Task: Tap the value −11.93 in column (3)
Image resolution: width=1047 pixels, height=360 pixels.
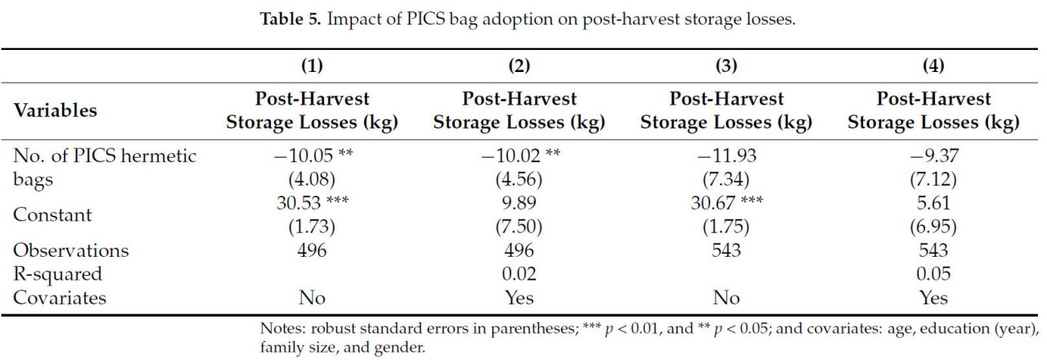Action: (x=726, y=155)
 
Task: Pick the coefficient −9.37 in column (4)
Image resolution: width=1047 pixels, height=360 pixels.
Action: (x=933, y=155)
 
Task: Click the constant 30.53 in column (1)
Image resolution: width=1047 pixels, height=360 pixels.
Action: (x=303, y=204)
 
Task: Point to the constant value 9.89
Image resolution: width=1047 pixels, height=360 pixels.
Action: (x=519, y=204)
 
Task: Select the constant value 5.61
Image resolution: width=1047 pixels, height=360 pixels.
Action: (x=933, y=204)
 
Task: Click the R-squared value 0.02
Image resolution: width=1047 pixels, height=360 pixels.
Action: (x=519, y=273)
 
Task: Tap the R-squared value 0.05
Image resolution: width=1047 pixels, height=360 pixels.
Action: (x=933, y=273)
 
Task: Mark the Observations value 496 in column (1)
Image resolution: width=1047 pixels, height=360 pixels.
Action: (x=312, y=250)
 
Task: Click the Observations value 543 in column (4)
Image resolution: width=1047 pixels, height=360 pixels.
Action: (x=933, y=250)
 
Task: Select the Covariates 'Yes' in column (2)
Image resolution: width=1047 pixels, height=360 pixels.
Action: (x=519, y=297)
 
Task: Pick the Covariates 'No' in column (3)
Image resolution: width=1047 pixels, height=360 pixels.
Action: (x=726, y=297)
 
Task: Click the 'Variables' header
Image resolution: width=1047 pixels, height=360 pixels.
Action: (x=55, y=110)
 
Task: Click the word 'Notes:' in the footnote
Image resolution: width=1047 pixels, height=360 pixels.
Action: (x=281, y=329)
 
